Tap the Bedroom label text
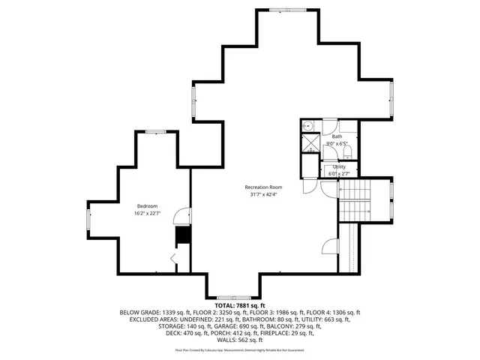(x=146, y=206)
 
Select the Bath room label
(x=337, y=136)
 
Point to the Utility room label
(x=339, y=166)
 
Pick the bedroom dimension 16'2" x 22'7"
(x=146, y=214)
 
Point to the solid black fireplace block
(x=181, y=236)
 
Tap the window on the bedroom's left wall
(x=90, y=220)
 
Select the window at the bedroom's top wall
(x=156, y=131)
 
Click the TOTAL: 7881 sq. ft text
(x=240, y=305)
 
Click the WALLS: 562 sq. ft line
(x=239, y=340)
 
